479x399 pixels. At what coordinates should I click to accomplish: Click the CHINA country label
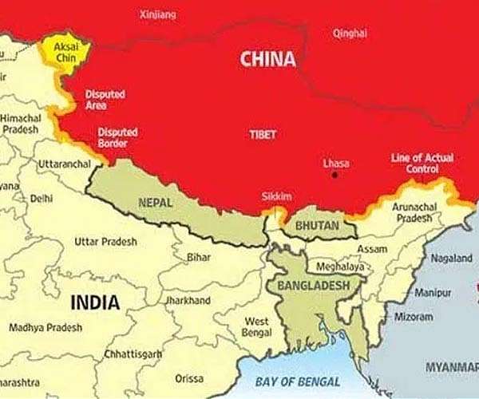tap(267, 59)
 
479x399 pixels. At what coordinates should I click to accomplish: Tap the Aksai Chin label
tap(66, 53)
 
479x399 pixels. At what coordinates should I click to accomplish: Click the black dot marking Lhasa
tap(335, 175)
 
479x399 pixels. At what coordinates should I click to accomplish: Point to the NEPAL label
tap(156, 203)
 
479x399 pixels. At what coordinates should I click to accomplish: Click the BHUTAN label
tap(317, 227)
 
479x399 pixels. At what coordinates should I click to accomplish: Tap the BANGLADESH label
tap(313, 285)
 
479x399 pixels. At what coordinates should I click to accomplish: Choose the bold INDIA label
tap(95, 302)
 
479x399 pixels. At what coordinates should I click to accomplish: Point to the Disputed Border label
tap(117, 137)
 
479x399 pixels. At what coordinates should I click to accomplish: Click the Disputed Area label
tap(105, 100)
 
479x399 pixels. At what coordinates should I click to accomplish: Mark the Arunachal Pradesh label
tap(412, 212)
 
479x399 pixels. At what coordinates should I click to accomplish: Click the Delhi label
tap(41, 198)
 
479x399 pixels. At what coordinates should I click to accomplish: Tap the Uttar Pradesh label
tap(105, 241)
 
